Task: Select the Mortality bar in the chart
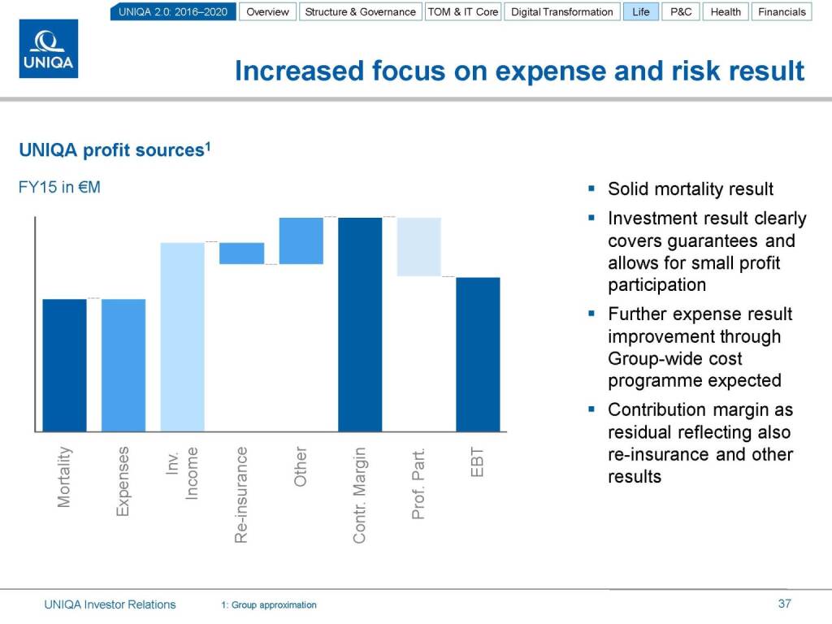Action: [65, 365]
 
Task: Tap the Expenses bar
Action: [123, 365]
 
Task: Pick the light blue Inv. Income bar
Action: [183, 336]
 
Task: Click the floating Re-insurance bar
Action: [241, 253]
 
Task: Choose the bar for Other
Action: [301, 240]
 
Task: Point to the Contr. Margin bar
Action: [360, 324]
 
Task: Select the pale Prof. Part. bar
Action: [418, 247]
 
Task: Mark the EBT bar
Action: [478, 354]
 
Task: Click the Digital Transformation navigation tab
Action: [562, 12]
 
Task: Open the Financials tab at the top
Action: [782, 12]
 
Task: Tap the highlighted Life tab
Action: [641, 12]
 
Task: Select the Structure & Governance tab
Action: [360, 12]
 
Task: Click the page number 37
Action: [784, 604]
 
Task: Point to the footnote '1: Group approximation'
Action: [269, 605]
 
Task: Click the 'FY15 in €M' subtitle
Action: [59, 188]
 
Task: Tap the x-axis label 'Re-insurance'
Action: [240, 495]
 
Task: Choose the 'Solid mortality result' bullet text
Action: [691, 189]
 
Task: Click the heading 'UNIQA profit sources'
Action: [113, 150]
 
